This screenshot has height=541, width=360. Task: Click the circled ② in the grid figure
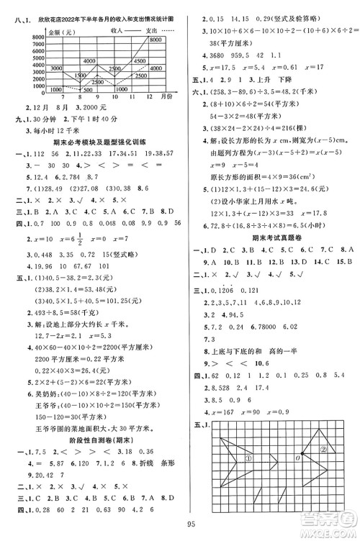[325, 450]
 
